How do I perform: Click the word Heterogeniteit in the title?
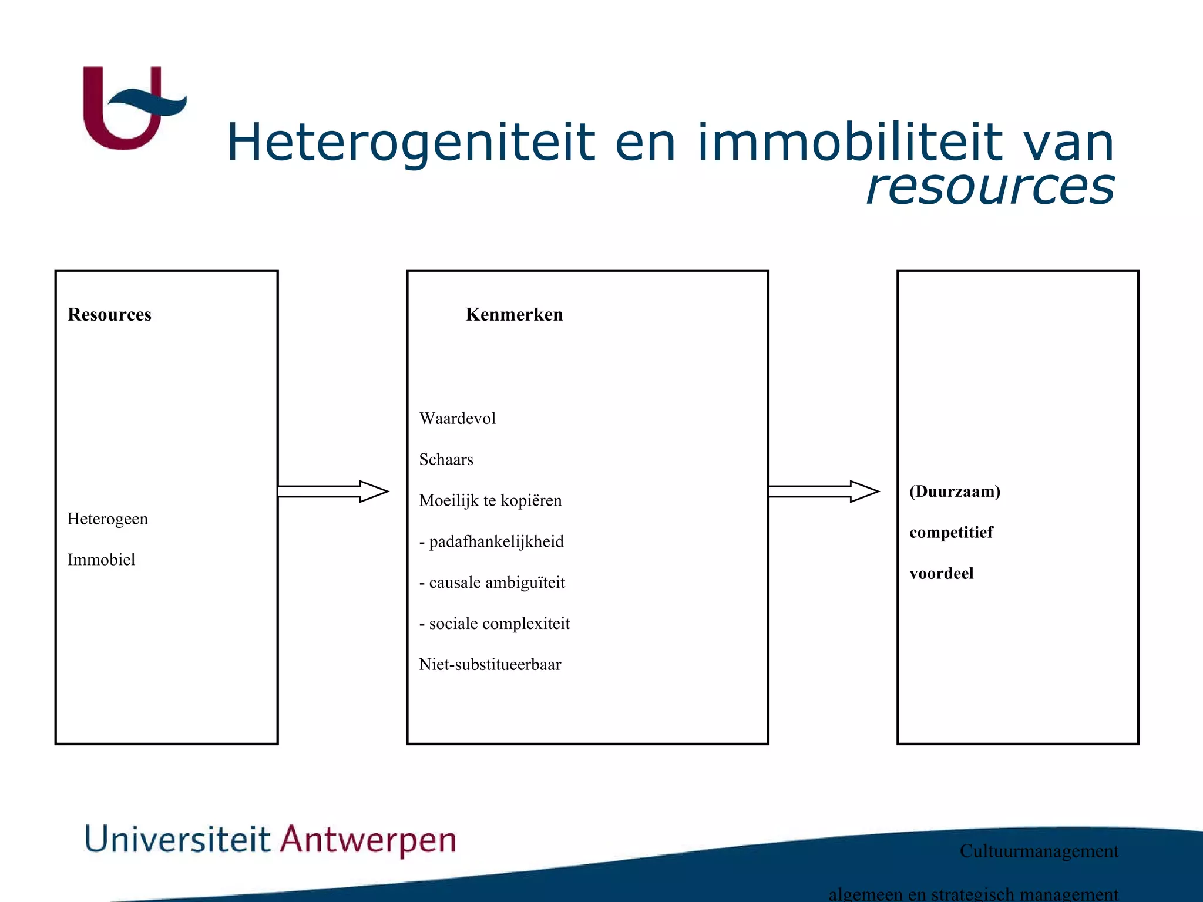pyautogui.click(x=411, y=143)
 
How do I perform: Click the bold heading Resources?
pyautogui.click(x=109, y=315)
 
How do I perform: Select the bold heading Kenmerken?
pyautogui.click(x=514, y=315)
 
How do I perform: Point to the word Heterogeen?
pyautogui.click(x=107, y=519)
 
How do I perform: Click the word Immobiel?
pyautogui.click(x=101, y=560)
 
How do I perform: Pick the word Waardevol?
pyautogui.click(x=457, y=419)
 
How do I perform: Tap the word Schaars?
pyautogui.click(x=446, y=460)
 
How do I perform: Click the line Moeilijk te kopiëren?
pyautogui.click(x=490, y=501)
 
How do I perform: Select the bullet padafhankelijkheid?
pyautogui.click(x=496, y=542)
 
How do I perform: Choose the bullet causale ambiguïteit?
pyautogui.click(x=496, y=583)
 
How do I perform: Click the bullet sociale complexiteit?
pyautogui.click(x=499, y=624)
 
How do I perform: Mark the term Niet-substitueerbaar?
pyautogui.click(x=490, y=665)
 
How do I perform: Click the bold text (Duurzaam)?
pyautogui.click(x=955, y=492)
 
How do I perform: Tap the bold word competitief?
pyautogui.click(x=951, y=533)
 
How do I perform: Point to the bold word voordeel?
pyautogui.click(x=941, y=574)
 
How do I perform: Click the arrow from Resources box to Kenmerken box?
pyautogui.click(x=332, y=492)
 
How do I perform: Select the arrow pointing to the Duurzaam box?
pyautogui.click(x=823, y=492)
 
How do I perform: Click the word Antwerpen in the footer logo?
pyautogui.click(x=368, y=840)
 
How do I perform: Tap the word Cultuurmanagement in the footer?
pyautogui.click(x=1039, y=851)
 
